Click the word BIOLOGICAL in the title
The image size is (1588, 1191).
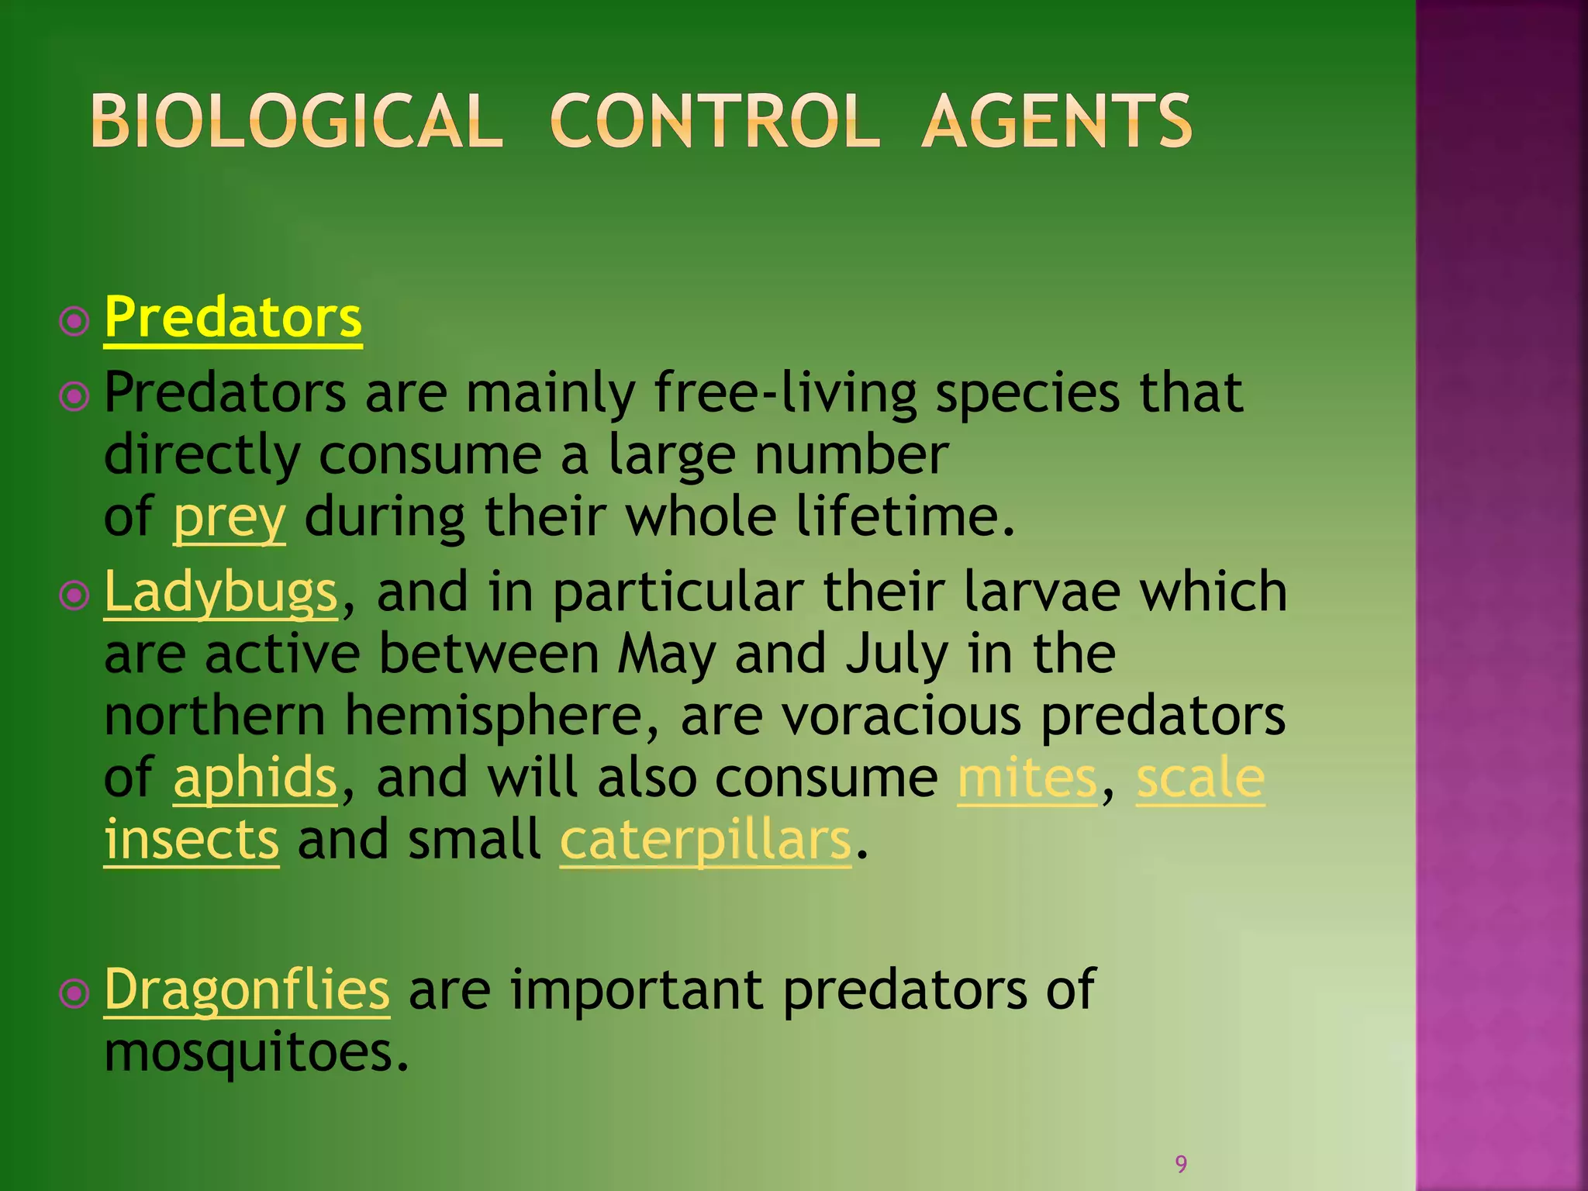pos(296,121)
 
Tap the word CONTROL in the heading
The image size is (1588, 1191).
pos(714,121)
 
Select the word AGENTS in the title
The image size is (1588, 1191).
pos(1056,121)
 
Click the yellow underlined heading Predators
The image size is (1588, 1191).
pos(233,318)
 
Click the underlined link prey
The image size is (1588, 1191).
pos(229,518)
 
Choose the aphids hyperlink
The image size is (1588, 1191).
pos(255,778)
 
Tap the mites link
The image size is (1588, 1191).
pos(1027,778)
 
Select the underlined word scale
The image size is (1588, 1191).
pos(1200,778)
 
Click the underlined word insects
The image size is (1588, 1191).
pos(192,840)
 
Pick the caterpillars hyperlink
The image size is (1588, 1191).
pos(706,840)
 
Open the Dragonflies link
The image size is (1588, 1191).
pos(247,990)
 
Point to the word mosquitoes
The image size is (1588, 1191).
pos(256,1052)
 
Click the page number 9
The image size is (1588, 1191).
pos(1181,1163)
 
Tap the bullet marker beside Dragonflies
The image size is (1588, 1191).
pos(74,993)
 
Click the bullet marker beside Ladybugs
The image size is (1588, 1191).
pos(74,595)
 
